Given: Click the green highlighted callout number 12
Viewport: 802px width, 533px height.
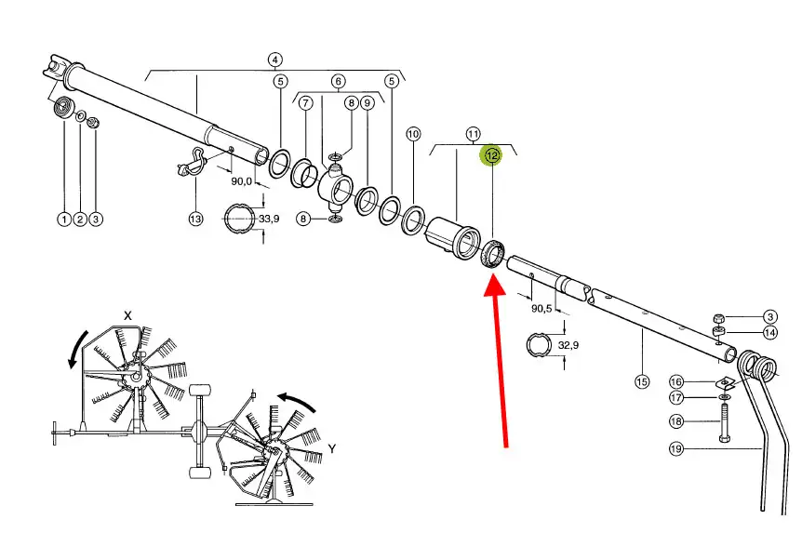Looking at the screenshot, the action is point(491,155).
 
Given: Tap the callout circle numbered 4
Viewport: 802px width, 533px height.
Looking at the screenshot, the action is point(275,60).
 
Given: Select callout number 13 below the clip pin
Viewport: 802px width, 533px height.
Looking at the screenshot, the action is point(195,219).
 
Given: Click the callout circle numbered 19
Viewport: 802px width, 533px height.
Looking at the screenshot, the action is point(676,448).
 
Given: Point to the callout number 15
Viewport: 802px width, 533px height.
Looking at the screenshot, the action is point(642,381).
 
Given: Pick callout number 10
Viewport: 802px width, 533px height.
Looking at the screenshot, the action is point(413,134).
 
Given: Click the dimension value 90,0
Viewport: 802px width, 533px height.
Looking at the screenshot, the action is point(241,181).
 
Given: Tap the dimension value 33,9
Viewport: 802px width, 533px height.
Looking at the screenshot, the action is point(269,219).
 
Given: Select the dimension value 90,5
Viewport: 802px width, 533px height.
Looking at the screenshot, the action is point(541,309).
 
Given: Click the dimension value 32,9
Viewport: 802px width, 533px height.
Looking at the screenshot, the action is point(568,345).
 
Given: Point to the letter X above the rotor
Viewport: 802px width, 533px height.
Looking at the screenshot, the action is point(127,315).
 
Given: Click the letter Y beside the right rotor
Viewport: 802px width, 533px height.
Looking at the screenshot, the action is point(332,448).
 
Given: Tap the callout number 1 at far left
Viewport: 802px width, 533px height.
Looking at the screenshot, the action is point(64,220).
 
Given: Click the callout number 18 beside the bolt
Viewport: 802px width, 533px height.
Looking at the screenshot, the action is point(676,421).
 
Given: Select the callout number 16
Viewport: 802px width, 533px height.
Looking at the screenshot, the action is point(676,381).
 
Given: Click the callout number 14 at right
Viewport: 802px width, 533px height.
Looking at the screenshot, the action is point(769,332).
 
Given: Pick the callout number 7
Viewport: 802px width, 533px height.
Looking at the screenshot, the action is point(305,103).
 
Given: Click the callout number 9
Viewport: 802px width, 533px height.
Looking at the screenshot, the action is point(368,103).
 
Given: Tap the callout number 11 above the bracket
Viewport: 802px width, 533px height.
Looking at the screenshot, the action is point(474,134).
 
